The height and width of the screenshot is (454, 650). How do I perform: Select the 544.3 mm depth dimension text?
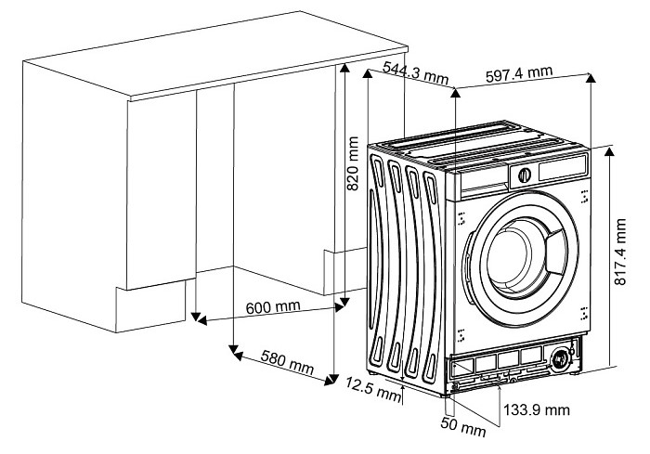pyautogui.click(x=409, y=75)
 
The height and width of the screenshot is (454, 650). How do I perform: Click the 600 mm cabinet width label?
pyautogui.click(x=274, y=307)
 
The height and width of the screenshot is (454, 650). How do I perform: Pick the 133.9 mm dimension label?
pyautogui.click(x=535, y=409)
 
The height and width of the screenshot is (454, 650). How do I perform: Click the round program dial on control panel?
pyautogui.click(x=525, y=174)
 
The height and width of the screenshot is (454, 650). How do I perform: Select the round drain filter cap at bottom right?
pyautogui.click(x=561, y=360)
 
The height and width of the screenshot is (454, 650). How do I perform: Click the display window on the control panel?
pyautogui.click(x=564, y=168)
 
